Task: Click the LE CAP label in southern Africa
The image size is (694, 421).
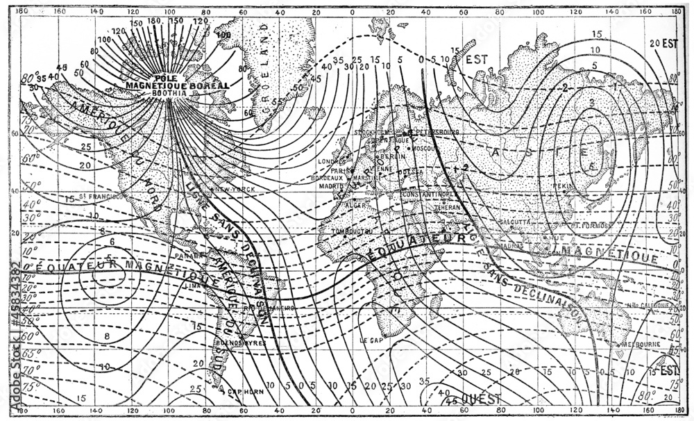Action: [x=372, y=340]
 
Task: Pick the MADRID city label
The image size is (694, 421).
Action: [x=332, y=186]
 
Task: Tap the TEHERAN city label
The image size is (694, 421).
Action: [x=448, y=207]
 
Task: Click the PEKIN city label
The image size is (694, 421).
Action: [x=562, y=187]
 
